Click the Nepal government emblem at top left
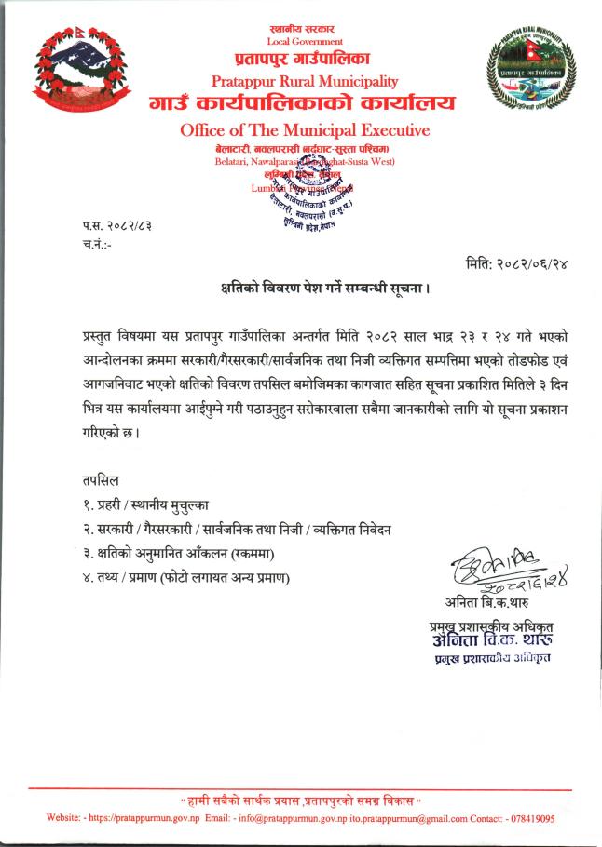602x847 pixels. [x=80, y=69]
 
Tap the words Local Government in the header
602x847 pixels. [x=305, y=42]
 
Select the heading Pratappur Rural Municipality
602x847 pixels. [x=305, y=82]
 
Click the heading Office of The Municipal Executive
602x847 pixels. [x=305, y=130]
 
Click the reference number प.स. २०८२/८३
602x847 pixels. [x=116, y=227]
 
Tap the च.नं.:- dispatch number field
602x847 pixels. [x=97, y=245]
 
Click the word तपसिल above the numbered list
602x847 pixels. [x=101, y=481]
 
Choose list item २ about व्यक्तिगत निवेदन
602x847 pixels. [x=236, y=530]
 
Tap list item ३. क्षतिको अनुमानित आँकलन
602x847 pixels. [x=195, y=554]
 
